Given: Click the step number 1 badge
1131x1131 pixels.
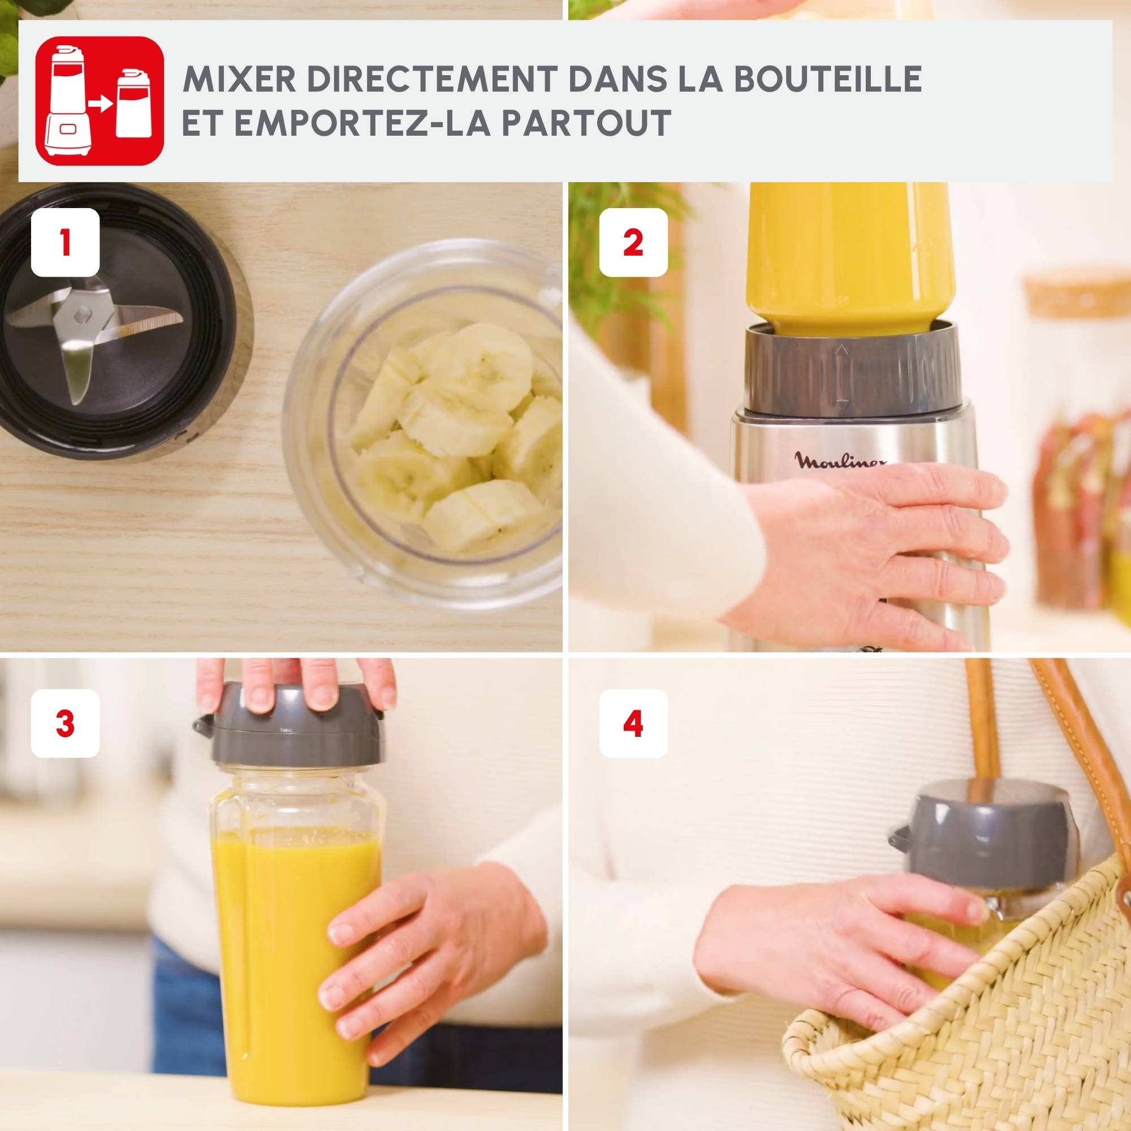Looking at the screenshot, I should coord(65,243).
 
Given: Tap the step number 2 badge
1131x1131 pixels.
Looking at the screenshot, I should coord(633,243).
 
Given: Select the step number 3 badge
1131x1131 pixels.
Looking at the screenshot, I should coord(65,724).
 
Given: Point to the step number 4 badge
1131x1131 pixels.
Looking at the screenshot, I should coord(633,724).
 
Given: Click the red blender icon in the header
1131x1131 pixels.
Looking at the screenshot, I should coord(100,101).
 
